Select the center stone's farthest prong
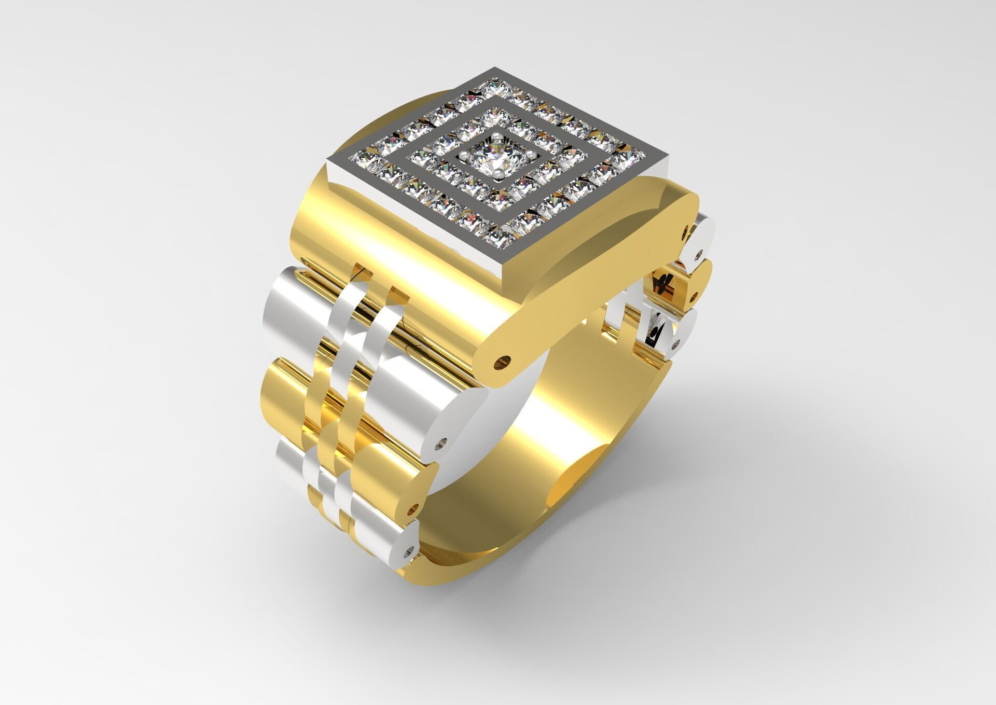click(x=497, y=136)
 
